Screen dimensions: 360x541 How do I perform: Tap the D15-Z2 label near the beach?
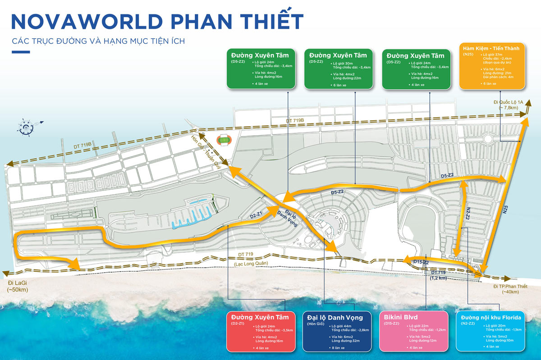pos(422,262)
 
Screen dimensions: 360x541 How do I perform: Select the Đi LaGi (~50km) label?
pos(18,286)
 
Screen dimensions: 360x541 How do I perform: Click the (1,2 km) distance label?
pos(439,278)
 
